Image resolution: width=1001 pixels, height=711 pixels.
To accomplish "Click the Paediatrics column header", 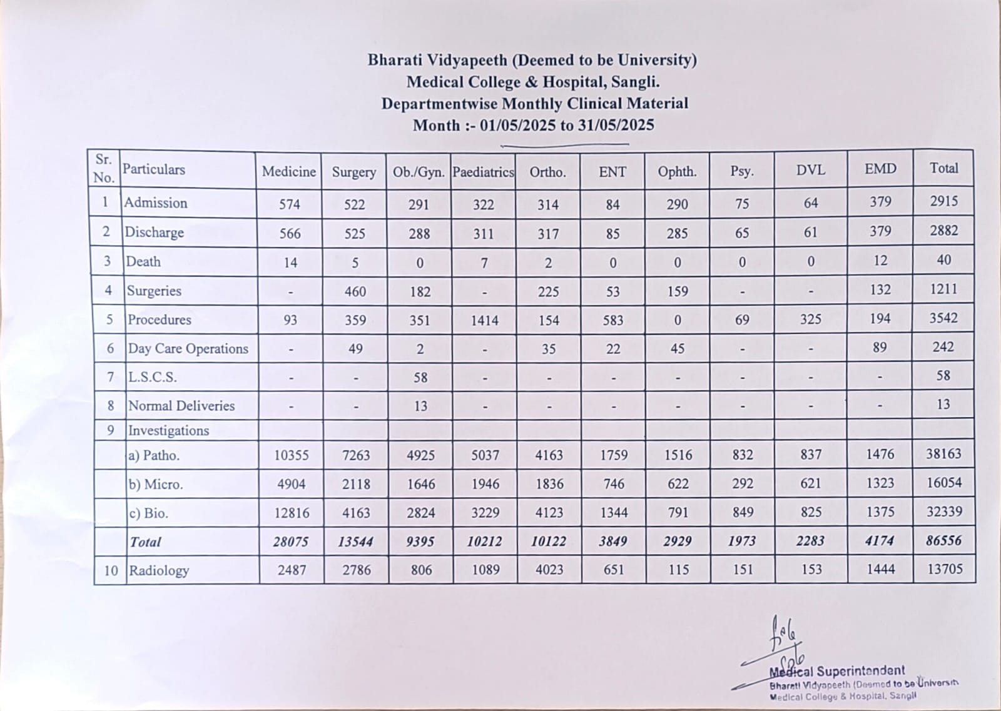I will click(x=483, y=172).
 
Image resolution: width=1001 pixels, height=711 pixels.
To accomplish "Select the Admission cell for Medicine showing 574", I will click(x=290, y=204).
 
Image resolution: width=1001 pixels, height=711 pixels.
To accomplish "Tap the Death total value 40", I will click(x=943, y=260).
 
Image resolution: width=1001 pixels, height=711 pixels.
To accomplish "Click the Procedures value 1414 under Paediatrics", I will click(x=484, y=321).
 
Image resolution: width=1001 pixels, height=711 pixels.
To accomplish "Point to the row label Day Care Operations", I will click(x=188, y=348).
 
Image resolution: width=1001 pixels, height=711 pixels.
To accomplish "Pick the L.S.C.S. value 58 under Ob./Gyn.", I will click(x=420, y=378).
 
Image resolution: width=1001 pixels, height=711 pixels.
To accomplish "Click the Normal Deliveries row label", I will click(x=181, y=406).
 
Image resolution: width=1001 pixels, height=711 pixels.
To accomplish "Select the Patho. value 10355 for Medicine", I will click(x=292, y=455).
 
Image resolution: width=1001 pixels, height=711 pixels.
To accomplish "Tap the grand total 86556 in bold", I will click(x=943, y=540).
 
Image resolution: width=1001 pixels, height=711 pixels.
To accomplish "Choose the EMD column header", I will click(x=880, y=169).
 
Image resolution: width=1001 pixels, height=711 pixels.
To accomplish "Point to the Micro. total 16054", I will click(x=944, y=483).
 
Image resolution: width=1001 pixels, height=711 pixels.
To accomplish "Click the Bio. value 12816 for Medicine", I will click(x=292, y=513).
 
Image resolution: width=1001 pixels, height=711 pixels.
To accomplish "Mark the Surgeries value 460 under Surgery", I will click(x=355, y=292).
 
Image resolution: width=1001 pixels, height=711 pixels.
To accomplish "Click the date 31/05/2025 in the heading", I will click(x=616, y=125).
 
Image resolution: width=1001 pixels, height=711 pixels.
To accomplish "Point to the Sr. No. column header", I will click(x=104, y=169).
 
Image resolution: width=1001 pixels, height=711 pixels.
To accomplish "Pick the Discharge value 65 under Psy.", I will click(x=742, y=233).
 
